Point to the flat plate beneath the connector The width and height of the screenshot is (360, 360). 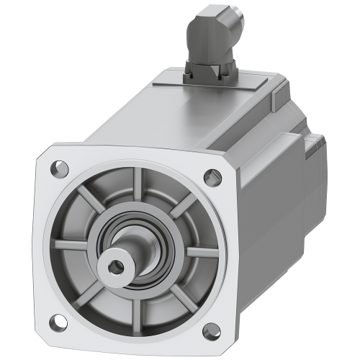point(216,90)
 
